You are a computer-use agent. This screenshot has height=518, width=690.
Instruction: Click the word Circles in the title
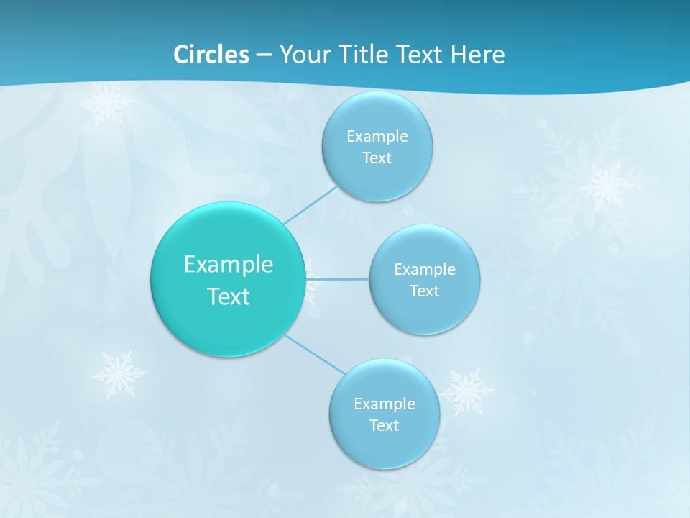click(211, 55)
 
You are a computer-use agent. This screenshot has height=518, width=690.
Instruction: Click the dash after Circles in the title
click(264, 55)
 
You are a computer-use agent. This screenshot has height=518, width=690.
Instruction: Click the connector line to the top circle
click(310, 204)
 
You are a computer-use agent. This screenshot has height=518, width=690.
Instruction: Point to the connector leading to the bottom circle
click(315, 354)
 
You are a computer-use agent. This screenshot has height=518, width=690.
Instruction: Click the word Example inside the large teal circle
click(229, 265)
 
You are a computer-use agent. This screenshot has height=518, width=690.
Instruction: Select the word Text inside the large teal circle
click(229, 296)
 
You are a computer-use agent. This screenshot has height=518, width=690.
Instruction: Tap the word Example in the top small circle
click(377, 136)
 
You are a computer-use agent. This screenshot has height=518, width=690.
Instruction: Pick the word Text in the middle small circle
click(424, 291)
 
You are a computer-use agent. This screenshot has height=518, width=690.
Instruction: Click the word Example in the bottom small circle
click(385, 404)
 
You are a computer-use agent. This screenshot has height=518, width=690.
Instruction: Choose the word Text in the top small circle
click(377, 158)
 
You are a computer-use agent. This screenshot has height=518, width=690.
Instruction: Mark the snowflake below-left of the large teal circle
click(119, 374)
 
